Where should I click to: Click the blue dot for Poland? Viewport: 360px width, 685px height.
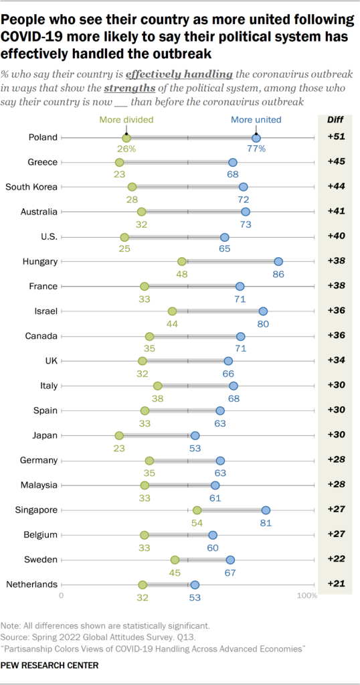pyautogui.click(x=256, y=137)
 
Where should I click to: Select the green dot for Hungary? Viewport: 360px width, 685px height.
pyautogui.click(x=182, y=262)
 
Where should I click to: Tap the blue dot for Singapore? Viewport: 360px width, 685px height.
pyautogui.click(x=266, y=510)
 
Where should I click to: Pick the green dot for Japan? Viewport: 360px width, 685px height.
pyautogui.click(x=119, y=436)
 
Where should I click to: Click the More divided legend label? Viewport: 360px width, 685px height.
pyautogui.click(x=126, y=121)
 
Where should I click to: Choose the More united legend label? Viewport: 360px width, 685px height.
pyautogui.click(x=256, y=121)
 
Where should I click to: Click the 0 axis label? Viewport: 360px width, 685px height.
pyautogui.click(x=62, y=595)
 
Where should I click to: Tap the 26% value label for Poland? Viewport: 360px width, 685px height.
pyautogui.click(x=127, y=149)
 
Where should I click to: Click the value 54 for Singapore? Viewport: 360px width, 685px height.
pyautogui.click(x=197, y=522)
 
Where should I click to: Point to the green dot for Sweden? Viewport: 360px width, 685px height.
pyautogui.click(x=175, y=560)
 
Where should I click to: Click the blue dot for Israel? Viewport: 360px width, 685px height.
pyautogui.click(x=263, y=311)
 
